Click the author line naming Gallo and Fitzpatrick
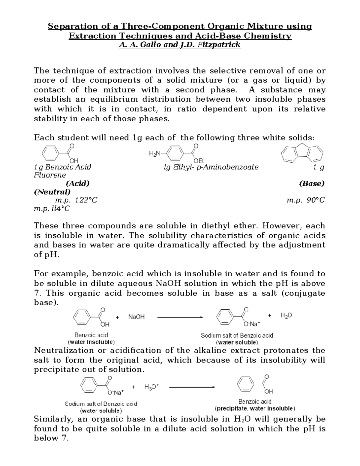180,45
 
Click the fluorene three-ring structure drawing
302,154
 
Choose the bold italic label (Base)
312,184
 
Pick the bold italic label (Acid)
77,184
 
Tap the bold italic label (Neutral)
52,192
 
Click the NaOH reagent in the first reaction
136,317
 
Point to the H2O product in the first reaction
286,315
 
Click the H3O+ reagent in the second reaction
151,387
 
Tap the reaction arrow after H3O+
192,387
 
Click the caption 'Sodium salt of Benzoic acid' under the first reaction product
237,335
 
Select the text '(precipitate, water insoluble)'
255,408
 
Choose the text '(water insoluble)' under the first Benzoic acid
91,342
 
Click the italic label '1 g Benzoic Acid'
63,167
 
